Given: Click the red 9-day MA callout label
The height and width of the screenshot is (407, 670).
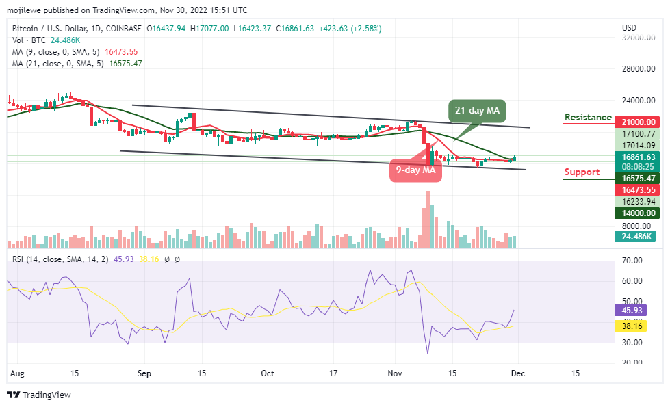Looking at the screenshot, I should tap(415, 170).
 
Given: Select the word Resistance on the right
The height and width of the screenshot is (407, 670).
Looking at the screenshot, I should tap(588, 117).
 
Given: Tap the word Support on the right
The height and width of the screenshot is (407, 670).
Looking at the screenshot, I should tap(582, 172).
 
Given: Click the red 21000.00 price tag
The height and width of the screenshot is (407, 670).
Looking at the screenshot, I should tap(638, 122).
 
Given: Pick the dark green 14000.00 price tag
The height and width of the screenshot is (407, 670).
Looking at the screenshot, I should tap(638, 213).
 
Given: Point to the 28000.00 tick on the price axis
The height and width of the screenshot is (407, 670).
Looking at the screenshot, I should tap(638, 69).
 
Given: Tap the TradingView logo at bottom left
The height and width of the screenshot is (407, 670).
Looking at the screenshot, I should tap(39, 395).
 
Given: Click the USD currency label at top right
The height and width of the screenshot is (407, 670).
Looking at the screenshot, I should tap(630, 28).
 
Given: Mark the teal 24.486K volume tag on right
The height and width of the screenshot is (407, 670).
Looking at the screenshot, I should tap(637, 237).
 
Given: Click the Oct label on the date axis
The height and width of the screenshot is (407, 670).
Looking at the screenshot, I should tap(268, 373).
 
